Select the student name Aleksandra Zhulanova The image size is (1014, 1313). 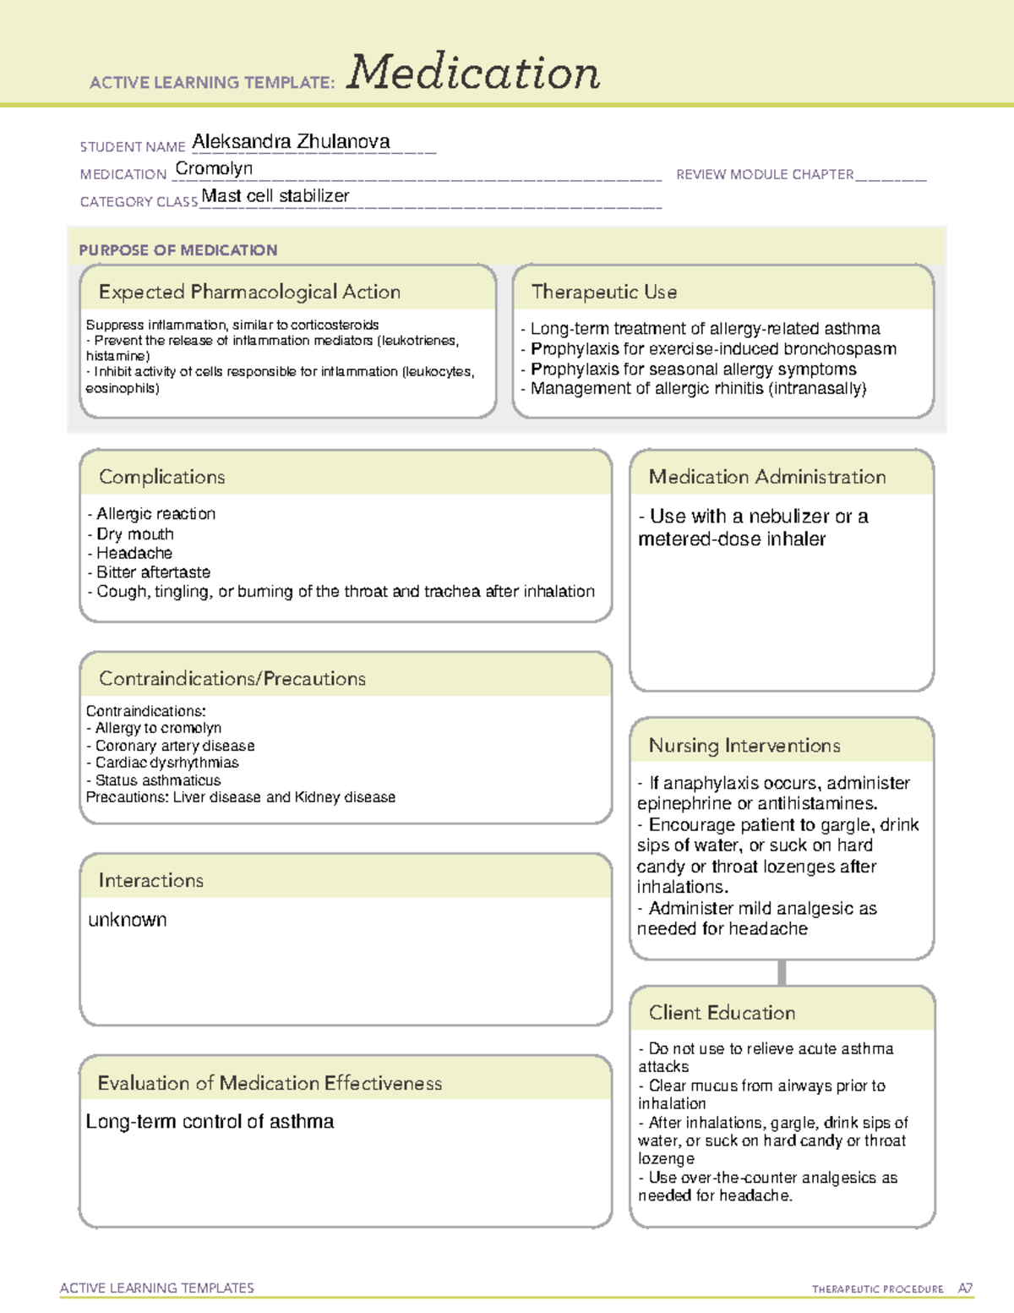coord(291,142)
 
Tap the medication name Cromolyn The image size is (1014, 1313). coord(214,169)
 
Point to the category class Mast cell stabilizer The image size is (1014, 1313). coord(275,196)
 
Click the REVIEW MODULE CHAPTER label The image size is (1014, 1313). coord(765,174)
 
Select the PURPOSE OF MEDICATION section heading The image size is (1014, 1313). coord(178,250)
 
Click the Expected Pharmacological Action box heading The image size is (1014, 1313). coord(249,292)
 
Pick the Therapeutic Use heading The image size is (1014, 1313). coord(604,292)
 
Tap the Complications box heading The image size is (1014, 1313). coord(162,477)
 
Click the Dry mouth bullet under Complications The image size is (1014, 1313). coord(134,534)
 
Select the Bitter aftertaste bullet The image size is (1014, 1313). coord(153,572)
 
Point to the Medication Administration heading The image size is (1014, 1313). coord(767,477)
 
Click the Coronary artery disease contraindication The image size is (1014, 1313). coord(174,746)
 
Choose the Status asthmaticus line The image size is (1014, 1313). coord(157,780)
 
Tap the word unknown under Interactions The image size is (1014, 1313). coord(128,920)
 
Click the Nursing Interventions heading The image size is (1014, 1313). coord(744,746)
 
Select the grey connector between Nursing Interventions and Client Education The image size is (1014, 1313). coord(782,972)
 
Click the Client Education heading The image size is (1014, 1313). coord(722,1013)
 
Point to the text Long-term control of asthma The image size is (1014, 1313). coord(210,1122)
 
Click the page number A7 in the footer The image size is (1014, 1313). coord(965,1288)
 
